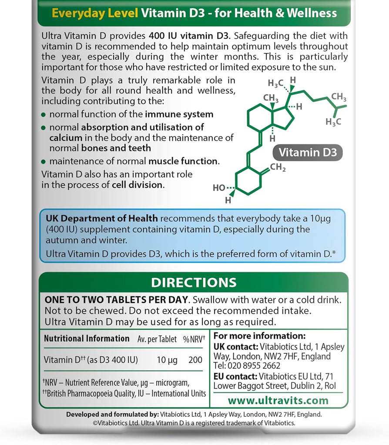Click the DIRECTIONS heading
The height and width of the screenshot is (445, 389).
(194, 282)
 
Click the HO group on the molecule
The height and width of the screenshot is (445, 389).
(219, 188)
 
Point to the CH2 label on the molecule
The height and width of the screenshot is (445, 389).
(278, 167)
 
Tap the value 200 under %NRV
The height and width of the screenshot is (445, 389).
(196, 360)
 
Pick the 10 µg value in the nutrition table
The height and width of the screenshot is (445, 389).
(167, 360)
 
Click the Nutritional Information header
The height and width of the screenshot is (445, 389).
(87, 339)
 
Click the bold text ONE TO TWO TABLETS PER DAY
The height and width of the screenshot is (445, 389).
(117, 300)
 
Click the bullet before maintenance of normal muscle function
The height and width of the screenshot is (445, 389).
(43, 162)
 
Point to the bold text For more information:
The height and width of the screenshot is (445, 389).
(260, 336)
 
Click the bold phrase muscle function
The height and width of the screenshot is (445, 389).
(183, 161)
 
